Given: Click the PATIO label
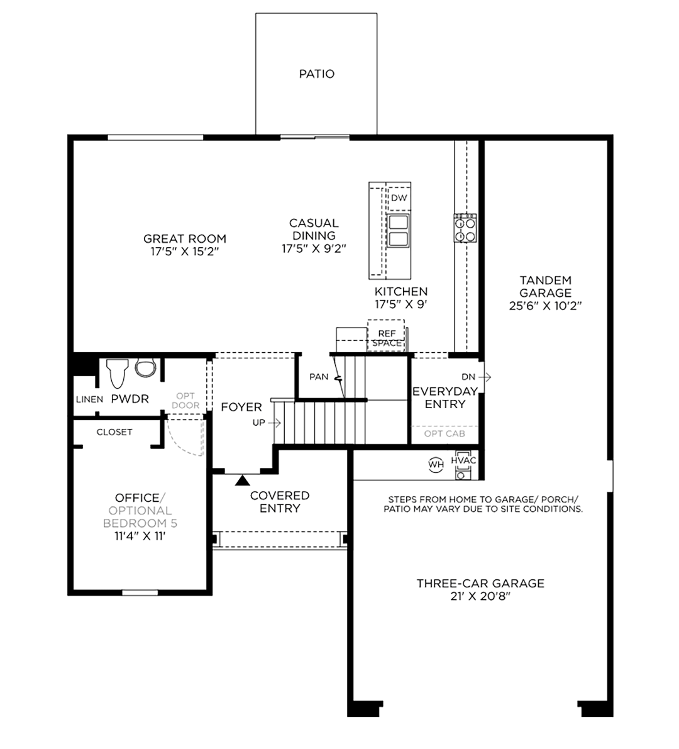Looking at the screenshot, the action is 317,74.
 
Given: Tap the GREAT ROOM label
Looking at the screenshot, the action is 185,239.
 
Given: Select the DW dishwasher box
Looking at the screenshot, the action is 399,197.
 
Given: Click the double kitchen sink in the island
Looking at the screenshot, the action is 398,230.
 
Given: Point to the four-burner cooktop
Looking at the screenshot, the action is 465,228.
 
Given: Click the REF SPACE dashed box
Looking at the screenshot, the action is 386,336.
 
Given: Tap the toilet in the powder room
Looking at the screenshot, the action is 118,373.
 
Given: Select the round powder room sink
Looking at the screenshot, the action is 146,367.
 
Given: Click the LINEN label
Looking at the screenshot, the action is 89,399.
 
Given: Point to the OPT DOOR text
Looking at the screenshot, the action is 185,401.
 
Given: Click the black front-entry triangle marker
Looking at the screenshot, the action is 243,480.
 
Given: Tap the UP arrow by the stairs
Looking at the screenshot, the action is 275,423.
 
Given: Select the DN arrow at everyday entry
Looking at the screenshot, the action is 485,377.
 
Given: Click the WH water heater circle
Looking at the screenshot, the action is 436,464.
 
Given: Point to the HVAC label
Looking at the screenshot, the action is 463,460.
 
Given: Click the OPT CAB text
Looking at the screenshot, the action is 444,434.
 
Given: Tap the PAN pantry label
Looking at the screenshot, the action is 319,377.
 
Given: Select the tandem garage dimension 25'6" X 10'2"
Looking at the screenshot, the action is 545,306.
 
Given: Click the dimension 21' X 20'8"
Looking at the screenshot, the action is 480,596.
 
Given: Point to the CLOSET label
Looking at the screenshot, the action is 114,432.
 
